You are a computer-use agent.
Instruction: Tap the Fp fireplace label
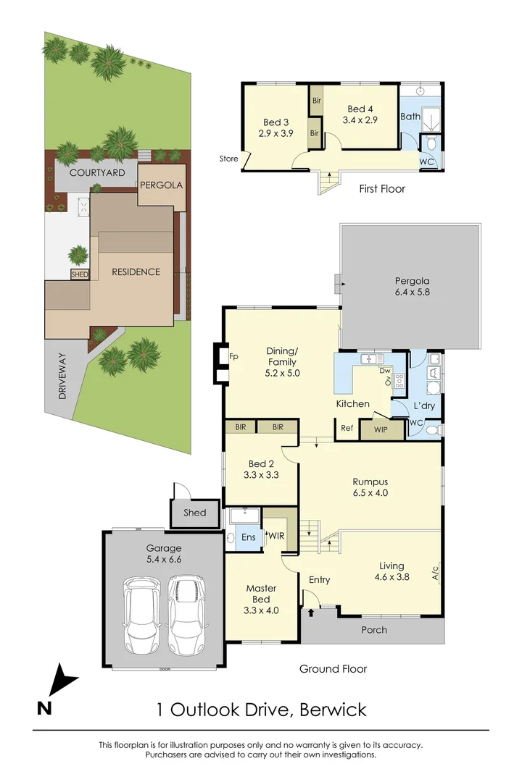click(x=233, y=357)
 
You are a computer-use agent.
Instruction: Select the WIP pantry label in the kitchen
click(x=381, y=429)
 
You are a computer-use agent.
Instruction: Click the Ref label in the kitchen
click(x=347, y=428)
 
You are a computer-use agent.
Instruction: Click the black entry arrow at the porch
click(x=312, y=613)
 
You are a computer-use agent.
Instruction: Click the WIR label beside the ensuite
click(x=276, y=536)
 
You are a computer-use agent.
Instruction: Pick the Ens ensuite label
click(x=248, y=537)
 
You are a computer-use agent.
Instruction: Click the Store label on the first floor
click(x=229, y=159)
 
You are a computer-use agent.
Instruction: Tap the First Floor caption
click(x=382, y=189)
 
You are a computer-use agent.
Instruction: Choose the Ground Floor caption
click(x=333, y=669)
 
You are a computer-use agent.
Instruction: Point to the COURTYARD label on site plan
click(x=97, y=173)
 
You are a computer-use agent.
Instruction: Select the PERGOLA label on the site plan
click(x=161, y=185)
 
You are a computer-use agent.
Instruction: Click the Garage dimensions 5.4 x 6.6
click(x=163, y=560)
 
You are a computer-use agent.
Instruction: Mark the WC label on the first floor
click(x=427, y=162)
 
